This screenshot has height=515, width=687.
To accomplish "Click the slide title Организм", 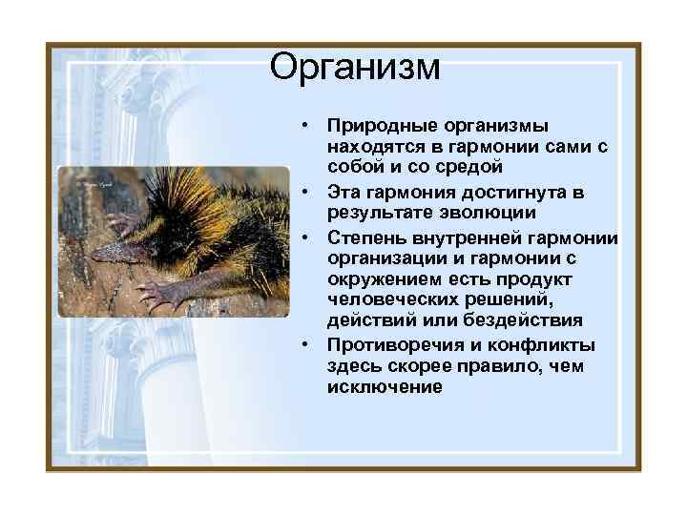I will coord(355,68).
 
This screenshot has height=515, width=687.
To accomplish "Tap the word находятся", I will coord(376,149).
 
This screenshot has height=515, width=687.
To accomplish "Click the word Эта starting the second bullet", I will coord(343,192).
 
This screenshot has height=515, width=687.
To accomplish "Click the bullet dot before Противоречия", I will coord(302,344).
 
